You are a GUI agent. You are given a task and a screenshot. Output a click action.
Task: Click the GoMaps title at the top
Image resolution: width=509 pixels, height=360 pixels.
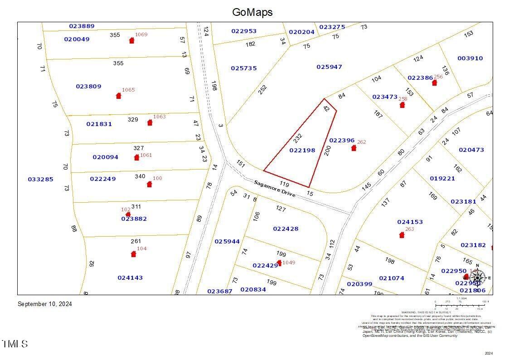pyautogui.click(x=252, y=12)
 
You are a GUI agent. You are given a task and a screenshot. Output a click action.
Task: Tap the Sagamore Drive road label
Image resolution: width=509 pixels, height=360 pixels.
pyautogui.click(x=275, y=189)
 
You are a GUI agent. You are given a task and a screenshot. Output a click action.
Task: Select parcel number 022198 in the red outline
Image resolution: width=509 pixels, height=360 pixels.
pyautogui.click(x=302, y=150)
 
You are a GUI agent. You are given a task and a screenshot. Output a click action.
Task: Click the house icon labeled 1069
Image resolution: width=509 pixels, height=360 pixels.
pyautogui.click(x=132, y=40)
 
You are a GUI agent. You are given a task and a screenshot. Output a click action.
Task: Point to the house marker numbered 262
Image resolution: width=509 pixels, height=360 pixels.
pyautogui.click(x=354, y=148)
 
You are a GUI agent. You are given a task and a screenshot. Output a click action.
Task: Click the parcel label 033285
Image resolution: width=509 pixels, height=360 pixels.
pyautogui.click(x=40, y=179)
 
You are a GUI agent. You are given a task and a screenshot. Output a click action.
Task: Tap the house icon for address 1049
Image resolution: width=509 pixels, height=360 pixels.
pyautogui.click(x=279, y=263)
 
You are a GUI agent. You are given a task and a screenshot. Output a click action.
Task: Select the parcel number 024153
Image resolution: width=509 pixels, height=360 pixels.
pyautogui.click(x=410, y=222)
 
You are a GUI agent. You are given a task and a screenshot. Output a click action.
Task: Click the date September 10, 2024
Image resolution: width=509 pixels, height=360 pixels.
pyautogui.click(x=45, y=304)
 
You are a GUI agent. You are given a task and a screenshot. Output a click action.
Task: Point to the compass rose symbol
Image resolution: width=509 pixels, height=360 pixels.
pyautogui.click(x=477, y=277)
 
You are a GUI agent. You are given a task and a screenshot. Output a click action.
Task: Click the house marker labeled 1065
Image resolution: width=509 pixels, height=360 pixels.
pyautogui.click(x=119, y=96)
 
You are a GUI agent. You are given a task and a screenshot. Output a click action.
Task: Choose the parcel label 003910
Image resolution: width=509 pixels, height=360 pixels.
pyautogui.click(x=470, y=58)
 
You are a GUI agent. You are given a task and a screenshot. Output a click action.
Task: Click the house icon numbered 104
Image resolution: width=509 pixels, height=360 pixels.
pyautogui.click(x=133, y=254)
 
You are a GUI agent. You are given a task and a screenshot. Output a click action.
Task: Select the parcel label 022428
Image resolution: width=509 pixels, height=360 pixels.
pyautogui.click(x=286, y=229)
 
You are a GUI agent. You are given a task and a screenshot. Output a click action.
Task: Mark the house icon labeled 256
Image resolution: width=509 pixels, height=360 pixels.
pyautogui.click(x=435, y=83)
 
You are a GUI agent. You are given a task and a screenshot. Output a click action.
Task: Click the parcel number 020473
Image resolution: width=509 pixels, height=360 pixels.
pyautogui.click(x=471, y=150)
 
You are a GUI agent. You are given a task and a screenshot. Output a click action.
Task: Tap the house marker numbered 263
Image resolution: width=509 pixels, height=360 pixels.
pyautogui.click(x=402, y=235)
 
